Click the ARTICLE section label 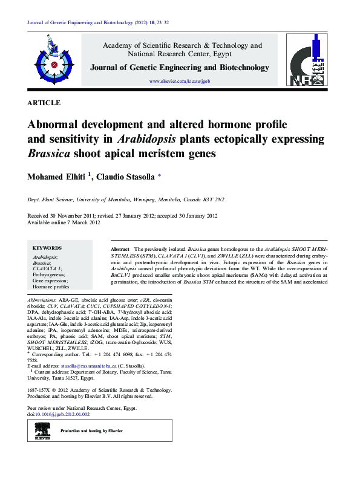tap(44, 103)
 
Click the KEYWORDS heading tap(47, 248)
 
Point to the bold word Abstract tap(120, 249)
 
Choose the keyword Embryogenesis tap(50, 274)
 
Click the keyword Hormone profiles tap(51, 287)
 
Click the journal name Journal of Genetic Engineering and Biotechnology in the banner tap(180, 68)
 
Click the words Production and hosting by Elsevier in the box tap(91, 430)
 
